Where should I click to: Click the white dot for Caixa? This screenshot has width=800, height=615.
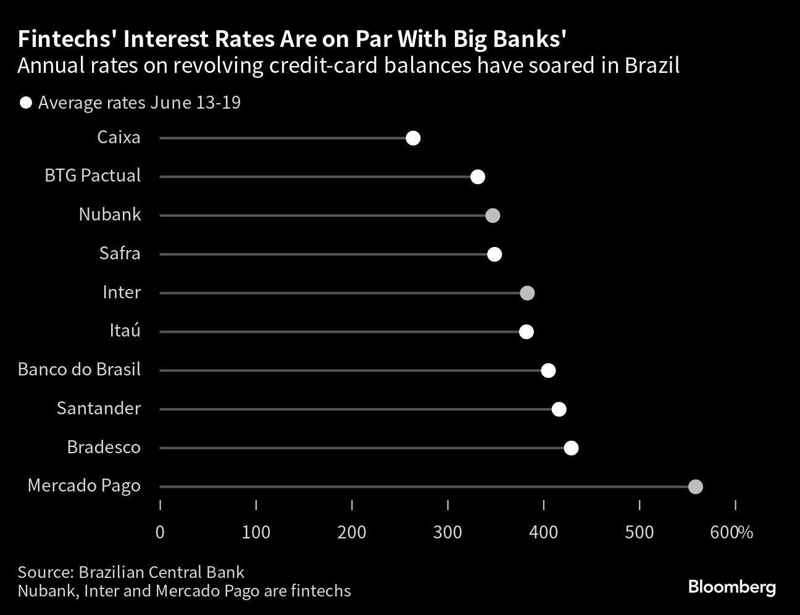pos(413,138)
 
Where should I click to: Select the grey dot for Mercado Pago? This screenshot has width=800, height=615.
pos(695,487)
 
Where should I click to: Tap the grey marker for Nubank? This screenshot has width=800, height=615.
pos(492,215)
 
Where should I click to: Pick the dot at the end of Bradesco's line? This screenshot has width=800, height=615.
pos(571,448)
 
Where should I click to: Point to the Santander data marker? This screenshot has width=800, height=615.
pos(559,409)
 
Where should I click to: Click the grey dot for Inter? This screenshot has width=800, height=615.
pos(527,293)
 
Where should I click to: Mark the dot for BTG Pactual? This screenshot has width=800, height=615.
pos(477,177)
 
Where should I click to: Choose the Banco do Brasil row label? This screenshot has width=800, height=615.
pos(79,370)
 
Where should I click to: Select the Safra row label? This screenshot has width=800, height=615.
pos(120,254)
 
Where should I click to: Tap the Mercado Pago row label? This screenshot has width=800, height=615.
pos(84,486)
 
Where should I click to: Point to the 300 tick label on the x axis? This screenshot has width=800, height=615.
pos(448,532)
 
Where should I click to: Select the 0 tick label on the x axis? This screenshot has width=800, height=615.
pos(160,532)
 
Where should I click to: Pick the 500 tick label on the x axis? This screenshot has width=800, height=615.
pos(639,532)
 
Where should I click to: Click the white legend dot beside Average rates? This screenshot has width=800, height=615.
pos(26,103)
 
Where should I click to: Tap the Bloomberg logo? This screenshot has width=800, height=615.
pos(731,587)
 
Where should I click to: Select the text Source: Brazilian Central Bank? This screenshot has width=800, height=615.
pos(131,572)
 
